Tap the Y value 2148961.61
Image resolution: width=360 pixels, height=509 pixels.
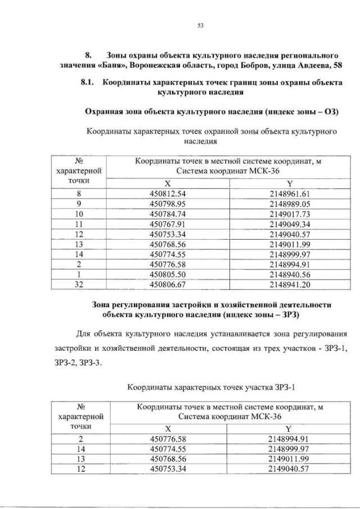click(x=290, y=193)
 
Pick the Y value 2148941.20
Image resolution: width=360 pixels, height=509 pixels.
click(x=290, y=285)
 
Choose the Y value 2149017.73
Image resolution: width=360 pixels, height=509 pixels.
click(x=290, y=213)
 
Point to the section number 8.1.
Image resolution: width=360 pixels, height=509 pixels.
click(x=89, y=83)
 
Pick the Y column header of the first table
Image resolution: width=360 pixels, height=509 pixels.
click(x=290, y=183)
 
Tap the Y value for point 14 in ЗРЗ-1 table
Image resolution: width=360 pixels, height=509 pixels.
click(x=290, y=448)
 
